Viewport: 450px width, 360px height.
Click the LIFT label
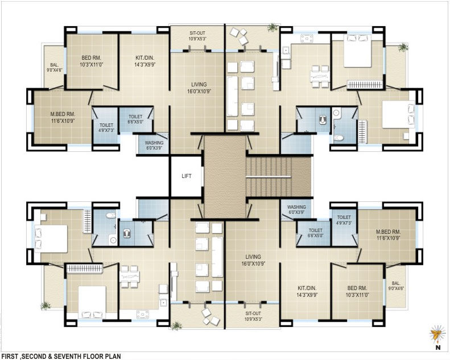pyautogui.click(x=187, y=176)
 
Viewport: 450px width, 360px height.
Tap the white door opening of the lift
pyautogui.click(x=203, y=176)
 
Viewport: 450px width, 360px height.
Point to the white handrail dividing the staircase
pyautogui.click(x=269, y=177)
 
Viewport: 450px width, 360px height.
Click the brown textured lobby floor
pyautogui.click(x=225, y=176)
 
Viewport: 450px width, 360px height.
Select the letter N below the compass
pyautogui.click(x=438, y=347)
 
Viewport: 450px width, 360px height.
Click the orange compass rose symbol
pyautogui.click(x=436, y=334)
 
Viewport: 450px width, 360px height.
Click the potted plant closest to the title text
pyautogui.click(x=46, y=306)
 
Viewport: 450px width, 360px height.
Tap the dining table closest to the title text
pyautogui.click(x=130, y=276)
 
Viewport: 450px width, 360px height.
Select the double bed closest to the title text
pyautogui.click(x=92, y=302)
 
